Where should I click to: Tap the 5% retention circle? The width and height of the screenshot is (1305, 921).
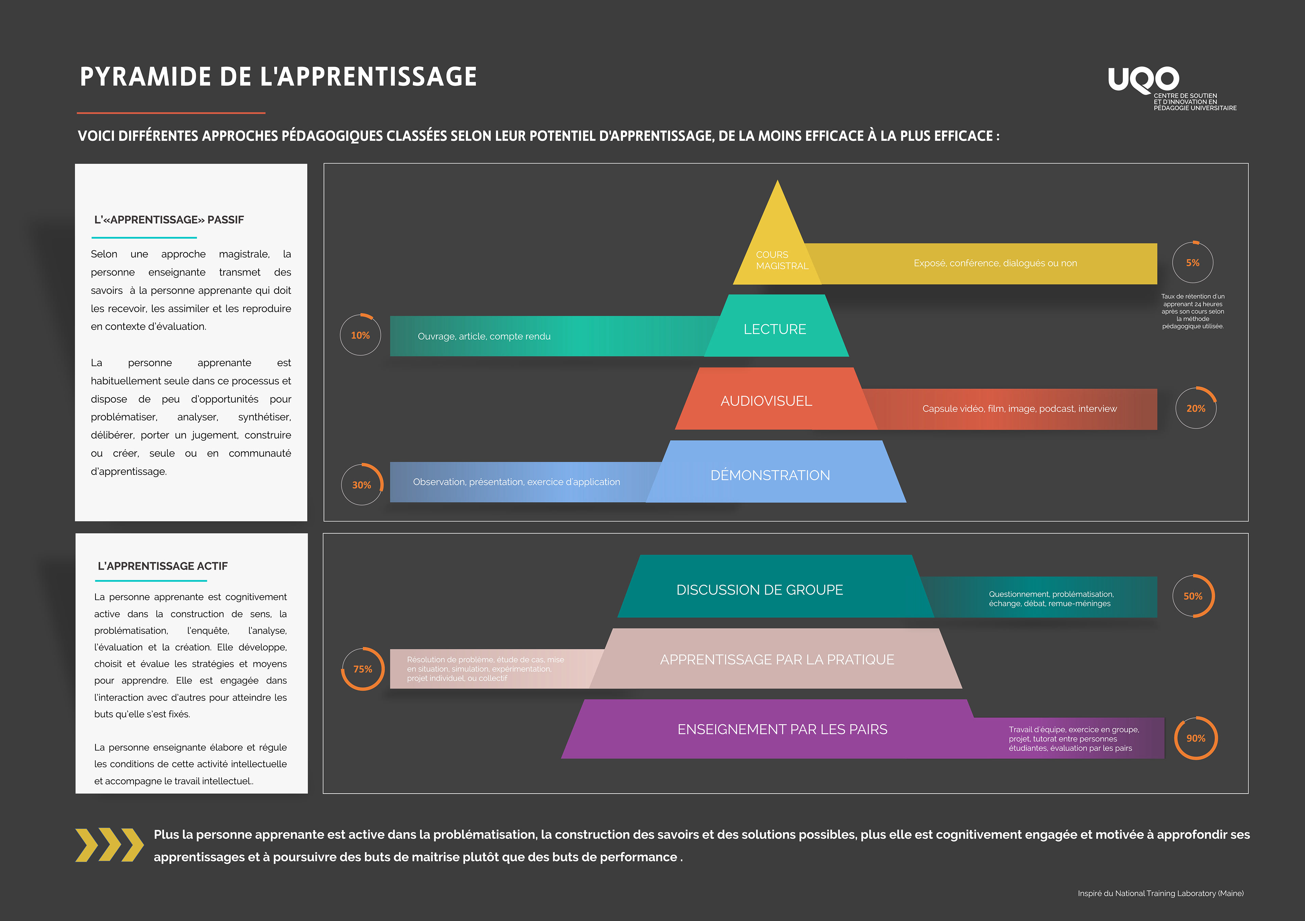point(1193,263)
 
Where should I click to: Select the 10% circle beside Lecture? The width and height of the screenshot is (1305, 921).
point(360,335)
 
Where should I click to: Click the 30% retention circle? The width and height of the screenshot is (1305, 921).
point(362,485)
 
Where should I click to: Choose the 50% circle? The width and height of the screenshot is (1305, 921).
point(1193,596)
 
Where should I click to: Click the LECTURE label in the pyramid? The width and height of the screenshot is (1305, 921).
point(775,329)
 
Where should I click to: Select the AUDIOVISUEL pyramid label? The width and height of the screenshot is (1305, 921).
point(766,401)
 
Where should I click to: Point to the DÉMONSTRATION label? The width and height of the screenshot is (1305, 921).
point(770,475)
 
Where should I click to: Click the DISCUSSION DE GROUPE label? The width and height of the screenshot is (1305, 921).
point(759,590)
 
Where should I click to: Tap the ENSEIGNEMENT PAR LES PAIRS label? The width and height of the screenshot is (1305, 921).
point(782,729)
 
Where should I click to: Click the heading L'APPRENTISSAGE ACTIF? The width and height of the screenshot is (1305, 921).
point(162,566)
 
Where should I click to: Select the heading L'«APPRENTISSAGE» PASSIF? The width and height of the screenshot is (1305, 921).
point(169,220)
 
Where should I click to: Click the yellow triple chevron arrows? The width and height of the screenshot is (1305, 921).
point(109,845)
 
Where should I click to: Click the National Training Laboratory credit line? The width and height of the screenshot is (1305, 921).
point(1160,893)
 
